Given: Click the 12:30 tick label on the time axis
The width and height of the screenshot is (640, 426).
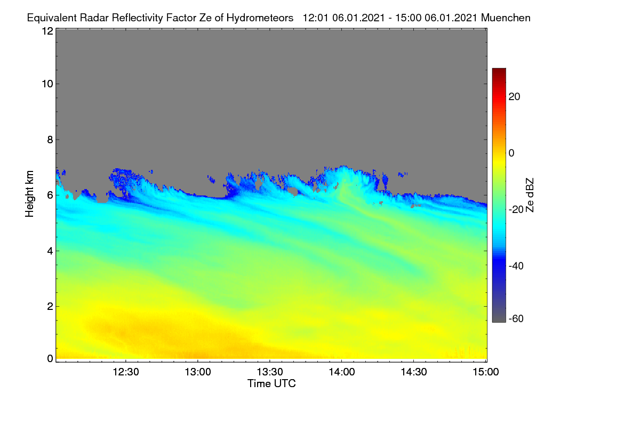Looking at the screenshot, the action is pyautogui.click(x=126, y=372).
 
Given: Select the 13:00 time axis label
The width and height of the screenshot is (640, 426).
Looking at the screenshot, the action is pyautogui.click(x=198, y=372).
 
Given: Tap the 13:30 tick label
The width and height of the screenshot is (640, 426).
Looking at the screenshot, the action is pyautogui.click(x=270, y=372).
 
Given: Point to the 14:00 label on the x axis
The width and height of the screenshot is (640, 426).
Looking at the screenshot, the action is pyautogui.click(x=342, y=372).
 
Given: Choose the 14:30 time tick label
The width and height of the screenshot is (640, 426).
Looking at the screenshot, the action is pyautogui.click(x=414, y=372).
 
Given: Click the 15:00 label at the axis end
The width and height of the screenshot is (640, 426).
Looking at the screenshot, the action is pyautogui.click(x=486, y=372).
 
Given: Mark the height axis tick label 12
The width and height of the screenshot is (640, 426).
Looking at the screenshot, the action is pyautogui.click(x=47, y=31).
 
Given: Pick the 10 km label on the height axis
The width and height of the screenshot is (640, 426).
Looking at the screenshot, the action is pyautogui.click(x=47, y=84).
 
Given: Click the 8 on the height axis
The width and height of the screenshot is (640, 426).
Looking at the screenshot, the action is pyautogui.click(x=50, y=140).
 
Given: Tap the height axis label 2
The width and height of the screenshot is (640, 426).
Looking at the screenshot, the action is pyautogui.click(x=50, y=306).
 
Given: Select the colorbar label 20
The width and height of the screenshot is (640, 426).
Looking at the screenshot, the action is pyautogui.click(x=514, y=97).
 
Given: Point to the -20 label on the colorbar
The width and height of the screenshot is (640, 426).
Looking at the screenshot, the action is pyautogui.click(x=516, y=209).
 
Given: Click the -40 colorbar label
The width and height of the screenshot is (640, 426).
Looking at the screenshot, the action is pyautogui.click(x=516, y=266).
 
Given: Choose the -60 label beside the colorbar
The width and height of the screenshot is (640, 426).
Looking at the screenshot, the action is pyautogui.click(x=516, y=319).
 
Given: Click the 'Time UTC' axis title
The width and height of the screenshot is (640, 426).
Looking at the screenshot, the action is pyautogui.click(x=271, y=383).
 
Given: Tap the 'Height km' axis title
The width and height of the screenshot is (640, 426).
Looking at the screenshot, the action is pyautogui.click(x=29, y=194).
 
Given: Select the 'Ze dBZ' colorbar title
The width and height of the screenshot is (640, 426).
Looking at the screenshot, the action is pyautogui.click(x=530, y=195).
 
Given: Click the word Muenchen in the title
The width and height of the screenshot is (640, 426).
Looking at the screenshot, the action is pyautogui.click(x=506, y=18).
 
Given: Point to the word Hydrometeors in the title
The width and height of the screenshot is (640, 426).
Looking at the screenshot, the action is pyautogui.click(x=260, y=18).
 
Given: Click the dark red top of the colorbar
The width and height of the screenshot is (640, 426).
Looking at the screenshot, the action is pyautogui.click(x=499, y=71).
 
